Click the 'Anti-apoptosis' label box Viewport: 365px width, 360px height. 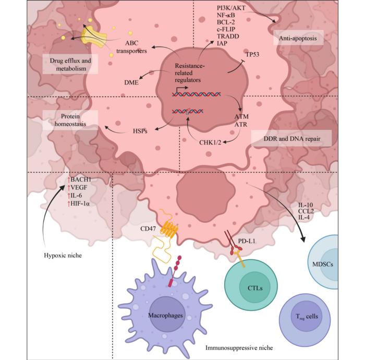pos(298,38)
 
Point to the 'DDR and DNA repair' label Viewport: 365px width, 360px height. pos(291,139)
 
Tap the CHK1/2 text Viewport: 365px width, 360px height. pos(211,142)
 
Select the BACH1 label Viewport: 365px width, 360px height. pos(80,179)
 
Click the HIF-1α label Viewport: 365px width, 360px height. pos(80,203)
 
